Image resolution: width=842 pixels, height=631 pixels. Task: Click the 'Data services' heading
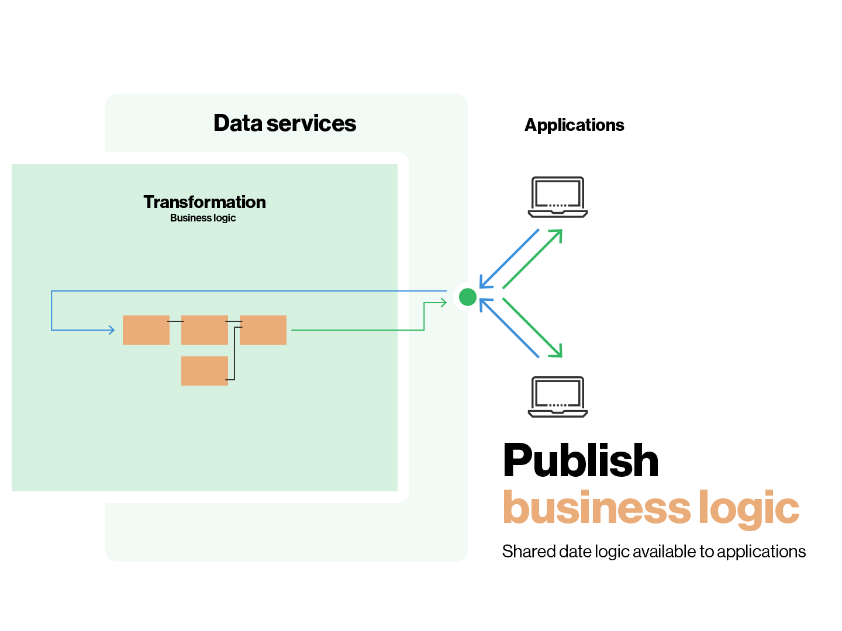click(x=285, y=123)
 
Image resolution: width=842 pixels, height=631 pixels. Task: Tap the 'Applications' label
click(x=574, y=125)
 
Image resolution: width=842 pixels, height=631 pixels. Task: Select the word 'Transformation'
click(x=205, y=202)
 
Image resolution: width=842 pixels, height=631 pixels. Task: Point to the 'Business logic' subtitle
click(x=203, y=218)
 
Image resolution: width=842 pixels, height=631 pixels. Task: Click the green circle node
click(x=468, y=297)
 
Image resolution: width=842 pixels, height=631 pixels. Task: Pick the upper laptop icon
click(x=558, y=197)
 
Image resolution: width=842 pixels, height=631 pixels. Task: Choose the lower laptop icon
click(x=558, y=397)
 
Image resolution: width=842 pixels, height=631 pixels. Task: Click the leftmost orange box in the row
click(x=146, y=330)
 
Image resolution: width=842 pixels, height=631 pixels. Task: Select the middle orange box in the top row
click(x=205, y=330)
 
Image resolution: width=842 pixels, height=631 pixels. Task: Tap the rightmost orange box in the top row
click(x=263, y=330)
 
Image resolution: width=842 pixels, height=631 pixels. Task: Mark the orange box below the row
click(x=205, y=371)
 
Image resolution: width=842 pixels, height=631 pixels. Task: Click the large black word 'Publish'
click(x=581, y=460)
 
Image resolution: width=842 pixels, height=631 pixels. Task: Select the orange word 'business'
click(x=596, y=507)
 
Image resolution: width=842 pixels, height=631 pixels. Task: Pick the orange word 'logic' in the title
click(x=749, y=508)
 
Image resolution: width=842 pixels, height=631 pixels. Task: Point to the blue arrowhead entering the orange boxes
click(x=112, y=330)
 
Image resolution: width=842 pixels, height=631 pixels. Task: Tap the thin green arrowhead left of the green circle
click(x=444, y=302)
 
